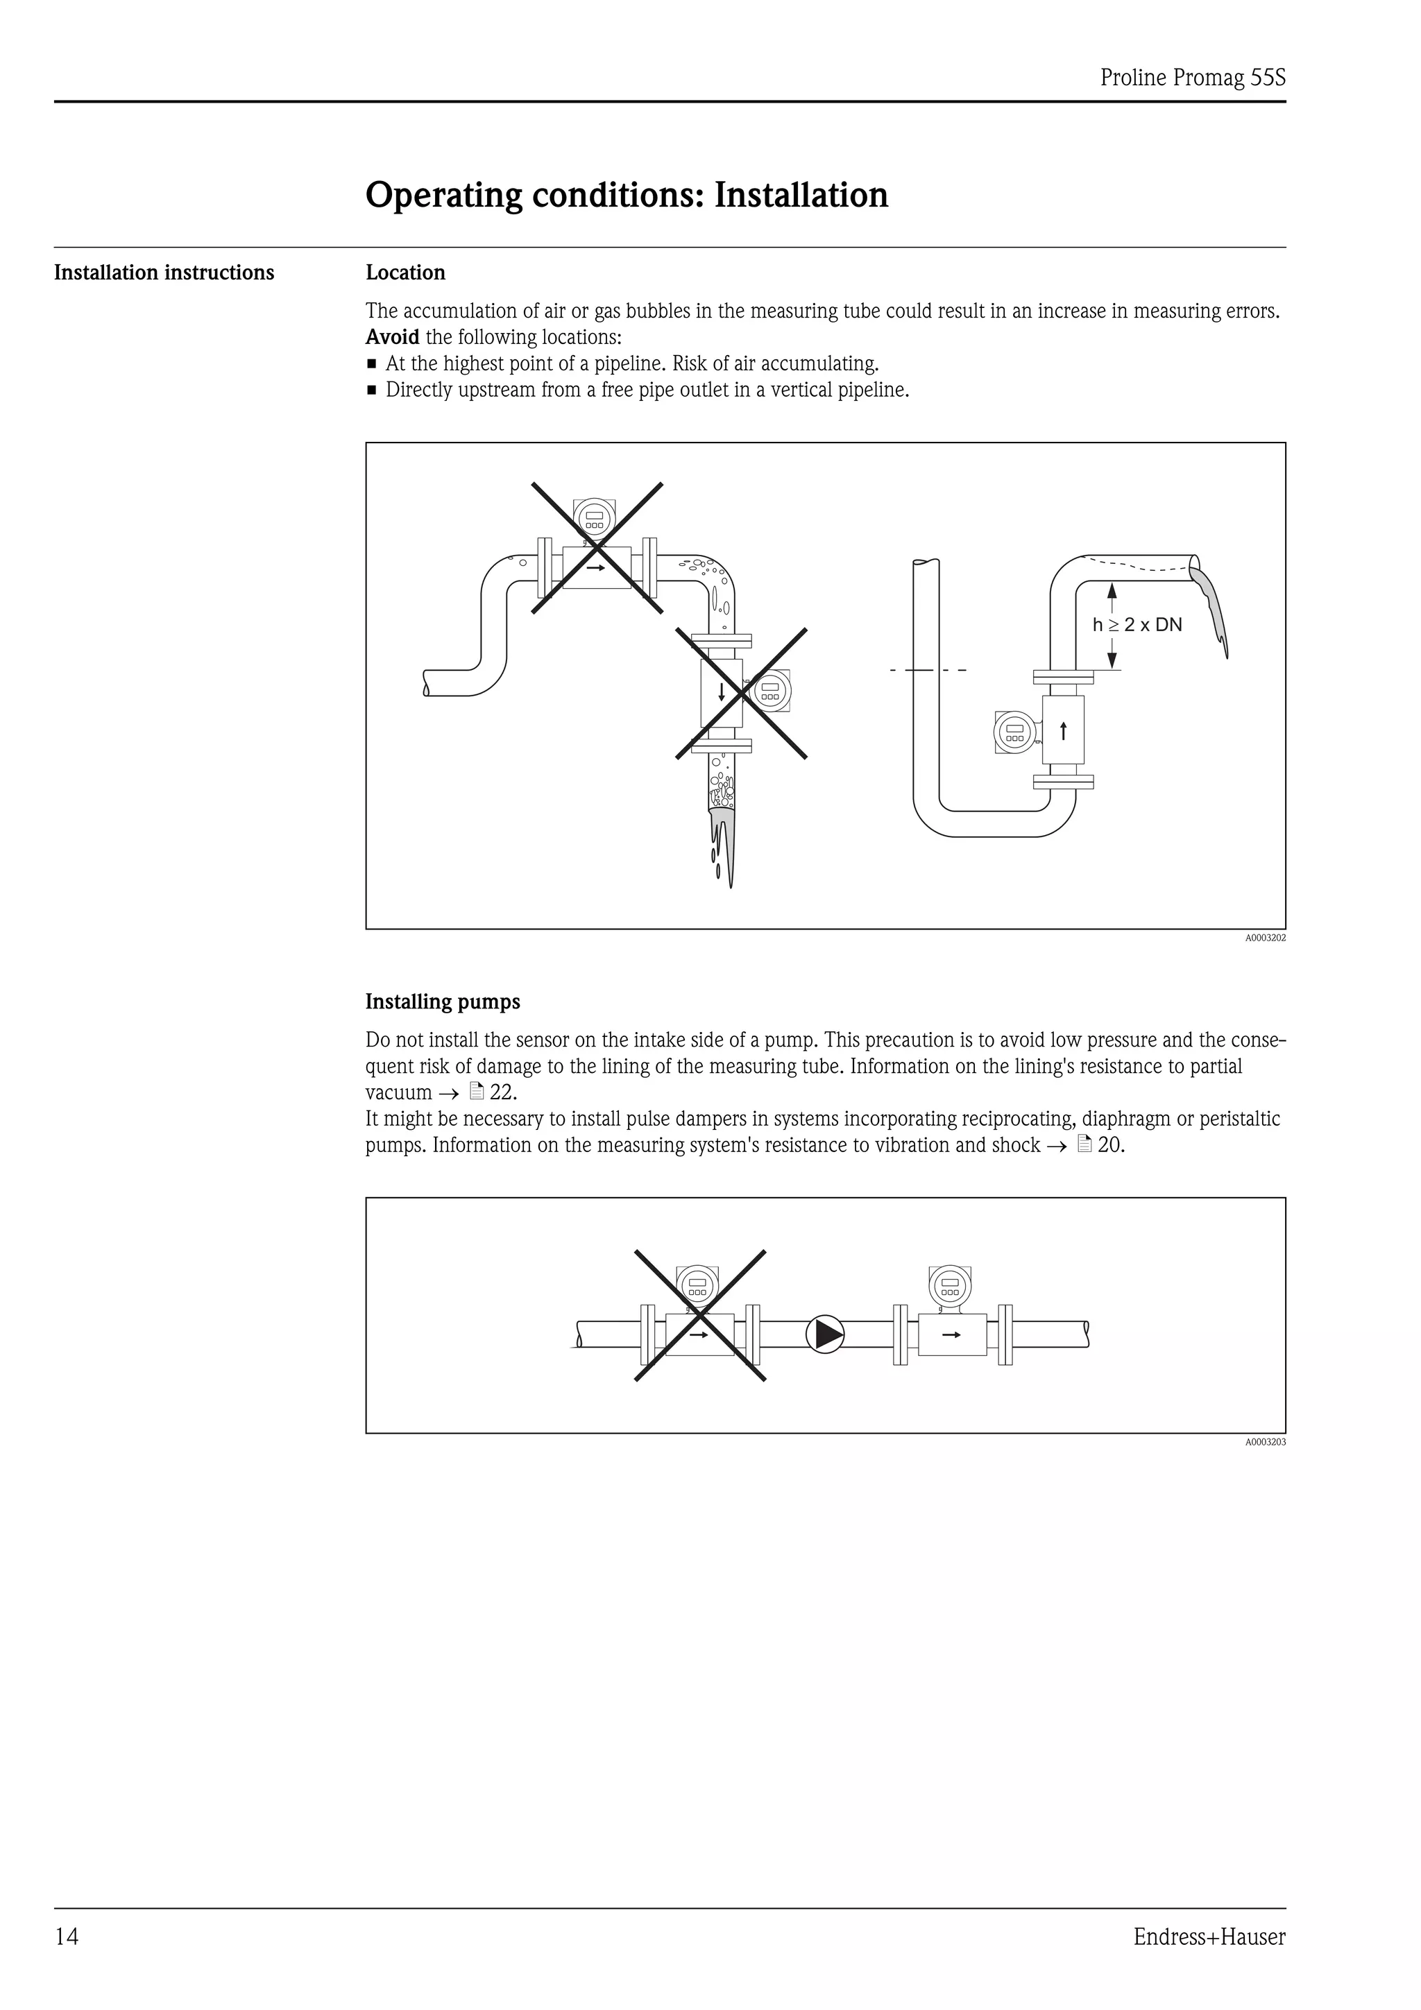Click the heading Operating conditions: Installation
tap(626, 194)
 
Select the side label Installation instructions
tap(164, 273)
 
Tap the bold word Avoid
tap(392, 337)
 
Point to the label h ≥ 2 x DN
tap(1137, 625)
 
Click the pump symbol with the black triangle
tap(825, 1335)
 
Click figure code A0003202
tap(1265, 938)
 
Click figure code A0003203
tap(1265, 1442)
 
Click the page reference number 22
tap(502, 1092)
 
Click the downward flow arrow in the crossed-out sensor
tap(722, 692)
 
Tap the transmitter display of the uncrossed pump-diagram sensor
tap(949, 1287)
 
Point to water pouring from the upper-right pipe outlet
tap(1213, 608)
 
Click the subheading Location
tap(405, 273)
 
